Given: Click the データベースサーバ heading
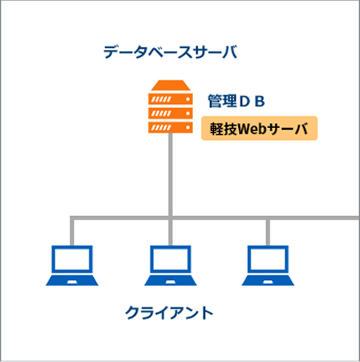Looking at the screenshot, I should tap(170, 52).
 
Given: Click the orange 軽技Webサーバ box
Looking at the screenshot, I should tap(259, 128).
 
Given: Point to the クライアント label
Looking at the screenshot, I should tap(169, 312).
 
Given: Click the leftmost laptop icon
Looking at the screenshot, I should tap(72, 266).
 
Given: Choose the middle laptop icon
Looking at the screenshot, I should tap(170, 266).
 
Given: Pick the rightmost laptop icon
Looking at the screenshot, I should tap(268, 266).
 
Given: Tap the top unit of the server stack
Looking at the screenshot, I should tap(170, 99).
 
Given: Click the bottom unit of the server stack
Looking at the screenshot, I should tap(170, 127).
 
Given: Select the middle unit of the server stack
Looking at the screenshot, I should tap(170, 113).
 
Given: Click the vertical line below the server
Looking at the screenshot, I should tap(170, 175).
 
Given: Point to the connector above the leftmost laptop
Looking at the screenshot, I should tap(72, 231).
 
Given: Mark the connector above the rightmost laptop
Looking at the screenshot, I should tap(268, 231).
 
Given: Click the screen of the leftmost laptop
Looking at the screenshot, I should tap(72, 260).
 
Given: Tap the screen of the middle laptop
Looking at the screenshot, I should tap(170, 260).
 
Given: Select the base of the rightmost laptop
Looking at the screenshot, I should tap(268, 280).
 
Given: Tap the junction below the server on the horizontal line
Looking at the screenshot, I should tap(170, 217).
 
